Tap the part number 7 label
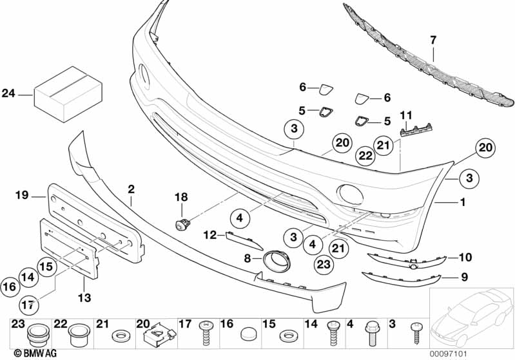click(x=433, y=40)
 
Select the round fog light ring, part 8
click(x=276, y=262)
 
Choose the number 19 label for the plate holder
click(x=22, y=194)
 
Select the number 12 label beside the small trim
click(x=211, y=236)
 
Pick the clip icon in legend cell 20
click(x=153, y=336)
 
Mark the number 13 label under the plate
click(x=84, y=298)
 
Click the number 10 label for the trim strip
click(x=465, y=258)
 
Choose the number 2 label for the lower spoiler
click(x=131, y=189)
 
